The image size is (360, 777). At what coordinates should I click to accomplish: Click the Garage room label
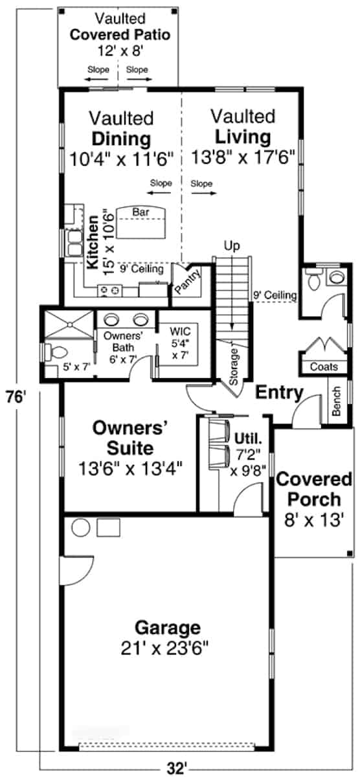point(167,627)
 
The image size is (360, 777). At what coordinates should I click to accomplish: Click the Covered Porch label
point(314,490)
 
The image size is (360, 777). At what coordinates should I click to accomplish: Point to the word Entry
point(279,392)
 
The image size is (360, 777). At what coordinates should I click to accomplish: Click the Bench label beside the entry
point(335,401)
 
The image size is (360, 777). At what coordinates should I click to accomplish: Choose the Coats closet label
point(324,367)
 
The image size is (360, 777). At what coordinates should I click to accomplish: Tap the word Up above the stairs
point(231,246)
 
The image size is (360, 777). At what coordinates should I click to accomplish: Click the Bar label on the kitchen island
point(141,212)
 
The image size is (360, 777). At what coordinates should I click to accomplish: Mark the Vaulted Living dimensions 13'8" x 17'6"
point(243,157)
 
